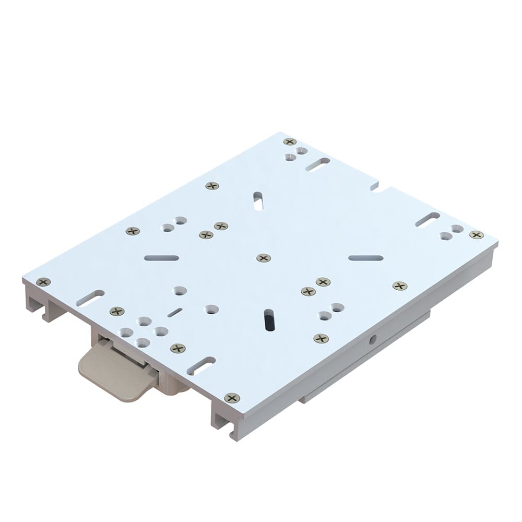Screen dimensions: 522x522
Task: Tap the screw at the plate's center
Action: point(264,258)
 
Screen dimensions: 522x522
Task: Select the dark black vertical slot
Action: point(269,320)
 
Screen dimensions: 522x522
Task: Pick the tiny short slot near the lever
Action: point(175,312)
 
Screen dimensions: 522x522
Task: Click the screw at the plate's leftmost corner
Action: point(44,282)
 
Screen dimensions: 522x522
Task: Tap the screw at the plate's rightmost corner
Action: point(476,235)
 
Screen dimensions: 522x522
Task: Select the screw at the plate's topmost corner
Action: point(290,141)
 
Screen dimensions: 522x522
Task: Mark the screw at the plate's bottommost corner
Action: point(232,398)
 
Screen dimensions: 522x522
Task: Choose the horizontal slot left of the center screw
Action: point(161,258)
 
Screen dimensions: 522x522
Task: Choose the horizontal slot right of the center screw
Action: point(365,258)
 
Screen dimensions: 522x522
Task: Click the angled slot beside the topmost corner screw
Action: point(318,165)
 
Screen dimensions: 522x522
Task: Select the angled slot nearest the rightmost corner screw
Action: point(428,219)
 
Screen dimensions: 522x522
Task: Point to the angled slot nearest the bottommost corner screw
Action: point(201,365)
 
